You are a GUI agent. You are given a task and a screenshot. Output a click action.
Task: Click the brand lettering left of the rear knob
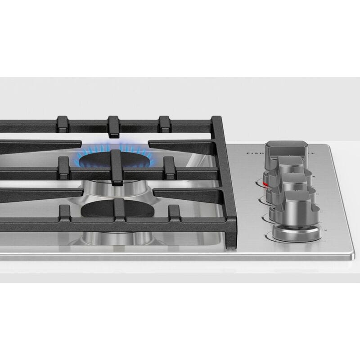(254, 153)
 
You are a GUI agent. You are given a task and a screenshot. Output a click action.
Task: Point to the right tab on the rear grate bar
(165, 124)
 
